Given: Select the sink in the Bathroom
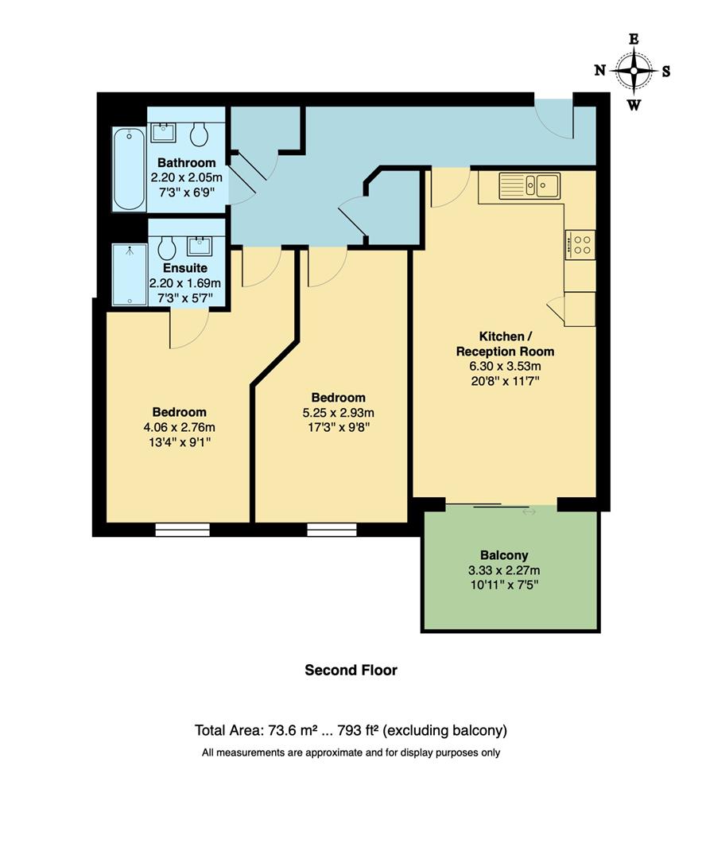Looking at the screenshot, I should (164, 132).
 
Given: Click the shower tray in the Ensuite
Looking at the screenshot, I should (129, 274).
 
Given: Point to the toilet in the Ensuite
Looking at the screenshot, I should (166, 248).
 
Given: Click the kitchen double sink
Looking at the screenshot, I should (529, 186).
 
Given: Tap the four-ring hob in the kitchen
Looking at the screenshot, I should (580, 244).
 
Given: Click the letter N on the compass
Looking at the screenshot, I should (600, 71).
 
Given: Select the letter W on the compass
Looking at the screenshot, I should (634, 104).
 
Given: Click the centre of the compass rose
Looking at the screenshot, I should (634, 71).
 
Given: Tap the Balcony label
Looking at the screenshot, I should (504, 555).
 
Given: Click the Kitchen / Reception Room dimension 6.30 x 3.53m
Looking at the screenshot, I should (505, 366).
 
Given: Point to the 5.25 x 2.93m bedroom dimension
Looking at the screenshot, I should (338, 412).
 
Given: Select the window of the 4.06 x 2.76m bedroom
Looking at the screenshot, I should (182, 529).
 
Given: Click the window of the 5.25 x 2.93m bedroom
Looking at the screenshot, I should (332, 529).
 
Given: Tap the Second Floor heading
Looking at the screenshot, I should (351, 670).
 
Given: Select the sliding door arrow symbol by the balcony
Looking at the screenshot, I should (529, 511).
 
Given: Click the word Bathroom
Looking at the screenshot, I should (186, 163).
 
